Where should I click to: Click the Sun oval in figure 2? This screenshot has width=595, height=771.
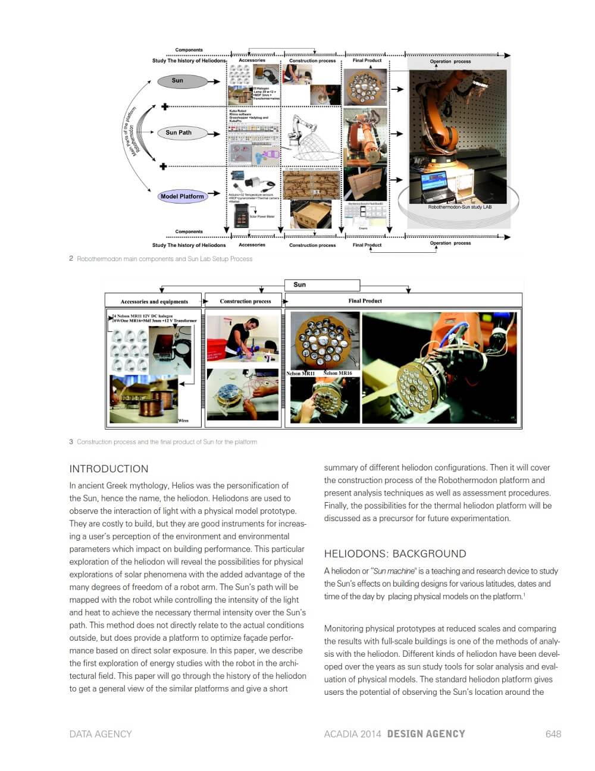(177, 81)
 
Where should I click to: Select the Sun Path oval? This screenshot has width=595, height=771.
(178, 133)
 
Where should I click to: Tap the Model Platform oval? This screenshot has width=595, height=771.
(182, 196)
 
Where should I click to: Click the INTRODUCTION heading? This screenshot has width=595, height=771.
(108, 469)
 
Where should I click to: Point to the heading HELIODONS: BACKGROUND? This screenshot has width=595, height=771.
(395, 554)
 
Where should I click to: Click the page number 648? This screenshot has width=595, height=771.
(553, 734)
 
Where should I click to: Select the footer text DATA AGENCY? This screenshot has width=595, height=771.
(101, 734)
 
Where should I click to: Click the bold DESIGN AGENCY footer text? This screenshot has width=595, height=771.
(426, 734)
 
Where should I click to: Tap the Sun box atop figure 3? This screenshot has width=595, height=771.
(322, 285)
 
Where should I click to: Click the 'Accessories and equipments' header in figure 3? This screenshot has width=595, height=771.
(154, 302)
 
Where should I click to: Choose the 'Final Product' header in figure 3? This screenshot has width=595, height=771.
(365, 301)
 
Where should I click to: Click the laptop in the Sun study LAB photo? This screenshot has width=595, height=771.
(439, 186)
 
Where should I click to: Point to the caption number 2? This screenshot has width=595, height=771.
(71, 259)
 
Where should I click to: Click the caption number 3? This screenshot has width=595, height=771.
(71, 442)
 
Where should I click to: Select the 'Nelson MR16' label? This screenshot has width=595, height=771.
(337, 374)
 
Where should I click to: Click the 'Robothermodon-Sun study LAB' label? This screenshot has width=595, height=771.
(459, 207)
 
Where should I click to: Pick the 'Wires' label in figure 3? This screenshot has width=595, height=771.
(183, 421)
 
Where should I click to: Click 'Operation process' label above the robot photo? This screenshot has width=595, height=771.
(450, 61)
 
